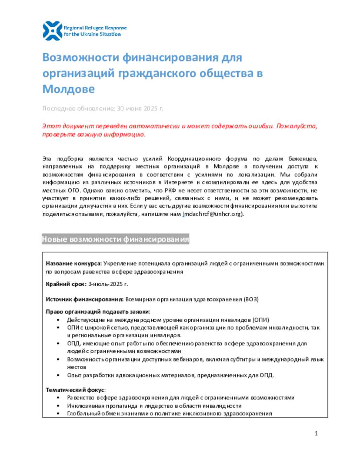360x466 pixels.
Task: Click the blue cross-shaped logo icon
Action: point(52,31)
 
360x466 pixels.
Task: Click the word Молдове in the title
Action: point(68,89)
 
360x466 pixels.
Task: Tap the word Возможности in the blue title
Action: point(81,57)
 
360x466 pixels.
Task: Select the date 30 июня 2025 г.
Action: point(140,108)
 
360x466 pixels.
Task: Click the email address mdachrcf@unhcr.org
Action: point(213,214)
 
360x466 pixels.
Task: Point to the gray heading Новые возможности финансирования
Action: point(115,239)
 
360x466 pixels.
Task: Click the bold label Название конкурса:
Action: point(74,263)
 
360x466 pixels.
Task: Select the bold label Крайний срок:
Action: point(66,284)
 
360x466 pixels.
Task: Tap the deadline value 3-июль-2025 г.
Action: point(108,284)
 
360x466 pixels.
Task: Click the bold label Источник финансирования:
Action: point(84,299)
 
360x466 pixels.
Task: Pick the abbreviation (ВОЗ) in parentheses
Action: point(251,299)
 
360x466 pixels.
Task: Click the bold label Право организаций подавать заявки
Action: point(97,312)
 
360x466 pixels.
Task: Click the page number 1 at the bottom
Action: point(316,433)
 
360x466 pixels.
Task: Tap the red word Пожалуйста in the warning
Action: point(296,126)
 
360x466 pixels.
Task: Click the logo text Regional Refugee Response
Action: point(95,28)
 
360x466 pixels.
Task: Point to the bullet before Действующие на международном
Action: point(58,320)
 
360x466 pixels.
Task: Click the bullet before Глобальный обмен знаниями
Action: point(58,414)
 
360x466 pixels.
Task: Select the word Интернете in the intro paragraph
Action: point(179,182)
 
